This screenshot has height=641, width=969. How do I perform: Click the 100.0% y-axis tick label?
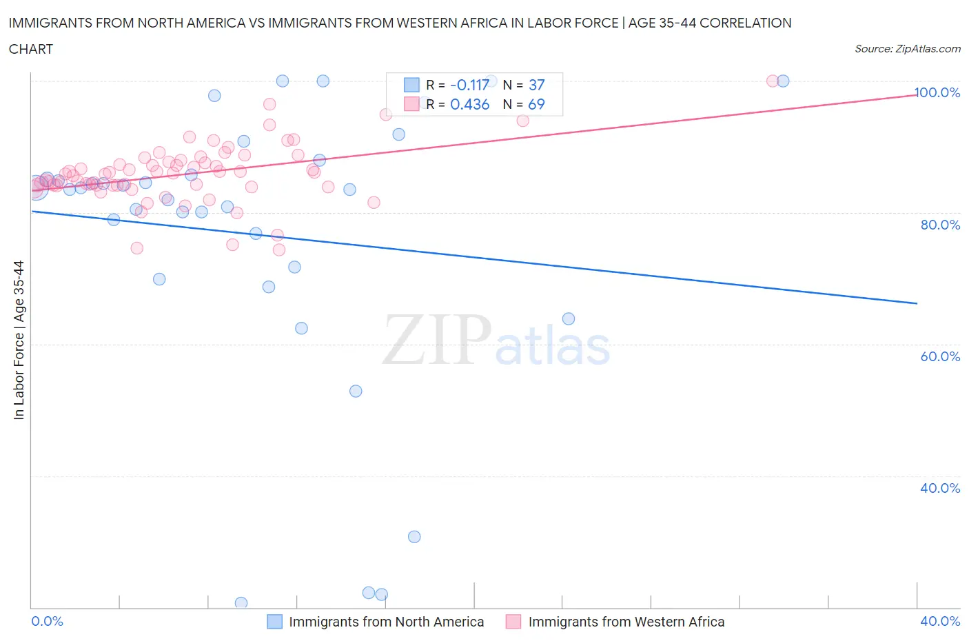pyautogui.click(x=937, y=92)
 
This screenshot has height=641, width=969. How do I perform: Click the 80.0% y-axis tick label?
pyautogui.click(x=940, y=225)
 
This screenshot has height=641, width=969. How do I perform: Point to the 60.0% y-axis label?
pyautogui.click(x=940, y=356)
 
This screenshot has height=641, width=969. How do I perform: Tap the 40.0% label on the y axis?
pyautogui.click(x=940, y=488)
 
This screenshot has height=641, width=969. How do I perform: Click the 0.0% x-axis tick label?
pyautogui.click(x=47, y=621)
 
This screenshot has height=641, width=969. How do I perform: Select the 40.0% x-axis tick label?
pyautogui.click(x=940, y=621)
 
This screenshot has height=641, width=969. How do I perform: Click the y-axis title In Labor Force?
pyautogui.click(x=19, y=340)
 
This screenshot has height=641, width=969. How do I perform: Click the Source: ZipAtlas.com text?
pyautogui.click(x=907, y=48)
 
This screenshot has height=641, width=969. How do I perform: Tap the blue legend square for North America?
pyautogui.click(x=275, y=622)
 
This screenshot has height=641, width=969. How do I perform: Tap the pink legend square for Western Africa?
pyautogui.click(x=513, y=622)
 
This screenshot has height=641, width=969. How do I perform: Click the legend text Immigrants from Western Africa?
pyautogui.click(x=626, y=622)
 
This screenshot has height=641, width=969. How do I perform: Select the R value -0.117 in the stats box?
pyautogui.click(x=469, y=85)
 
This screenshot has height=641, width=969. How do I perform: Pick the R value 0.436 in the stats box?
pyautogui.click(x=469, y=104)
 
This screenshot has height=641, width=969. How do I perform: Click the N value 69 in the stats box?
pyautogui.click(x=536, y=104)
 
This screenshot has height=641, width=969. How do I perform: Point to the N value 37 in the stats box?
pyautogui.click(x=536, y=85)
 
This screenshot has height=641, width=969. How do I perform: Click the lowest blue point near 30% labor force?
pyautogui.click(x=414, y=537)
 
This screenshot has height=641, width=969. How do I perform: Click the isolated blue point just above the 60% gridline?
pyautogui.click(x=569, y=318)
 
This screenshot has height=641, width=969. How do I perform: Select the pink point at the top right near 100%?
pyautogui.click(x=773, y=81)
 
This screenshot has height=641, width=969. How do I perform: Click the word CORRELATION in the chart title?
pyautogui.click(x=746, y=23)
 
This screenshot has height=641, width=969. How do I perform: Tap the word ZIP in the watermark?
pyautogui.click(x=437, y=340)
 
